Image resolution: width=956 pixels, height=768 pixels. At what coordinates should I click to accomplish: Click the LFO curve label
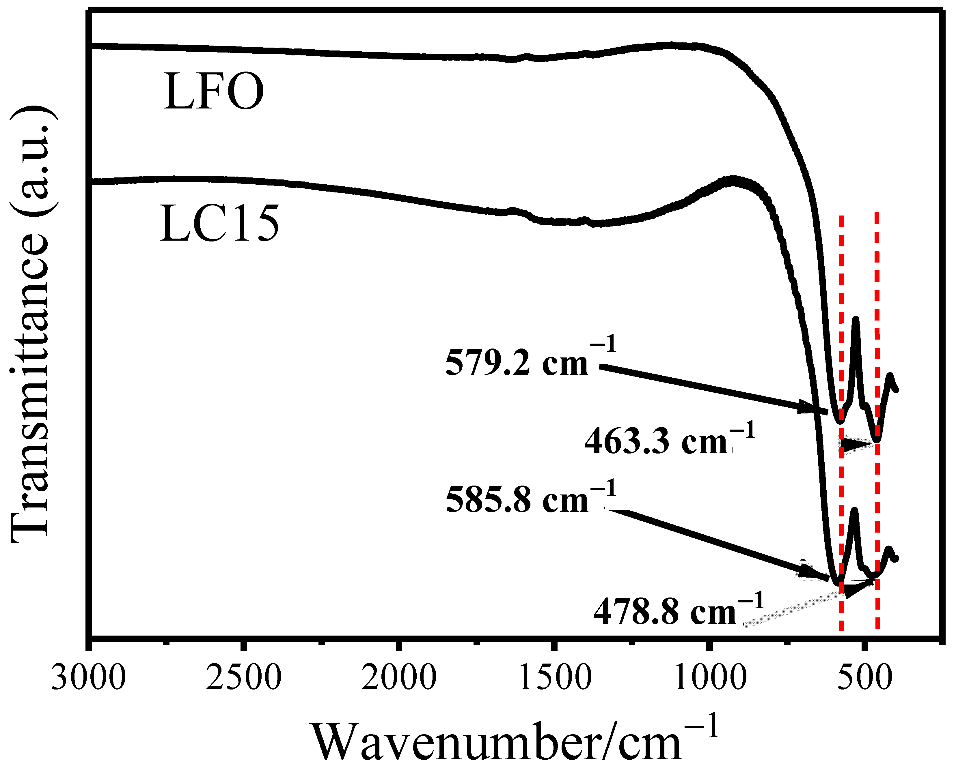point(214,92)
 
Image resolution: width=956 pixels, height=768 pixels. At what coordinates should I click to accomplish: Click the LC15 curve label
point(219,224)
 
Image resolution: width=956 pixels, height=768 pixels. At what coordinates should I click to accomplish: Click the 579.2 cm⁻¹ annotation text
point(530,361)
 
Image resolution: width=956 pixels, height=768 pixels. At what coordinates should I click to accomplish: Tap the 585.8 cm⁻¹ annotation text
point(530,499)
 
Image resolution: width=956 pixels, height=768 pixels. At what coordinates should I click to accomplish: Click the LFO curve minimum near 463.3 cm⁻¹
point(876,440)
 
